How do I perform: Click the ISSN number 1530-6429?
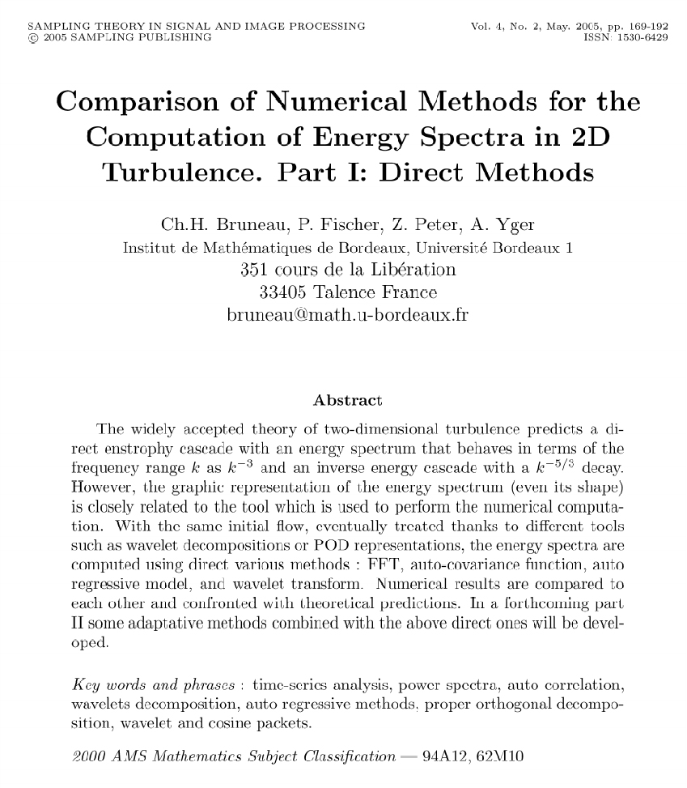coord(642,37)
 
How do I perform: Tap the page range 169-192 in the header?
coord(643,26)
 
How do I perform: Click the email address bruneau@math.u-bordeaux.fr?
coord(347,314)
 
